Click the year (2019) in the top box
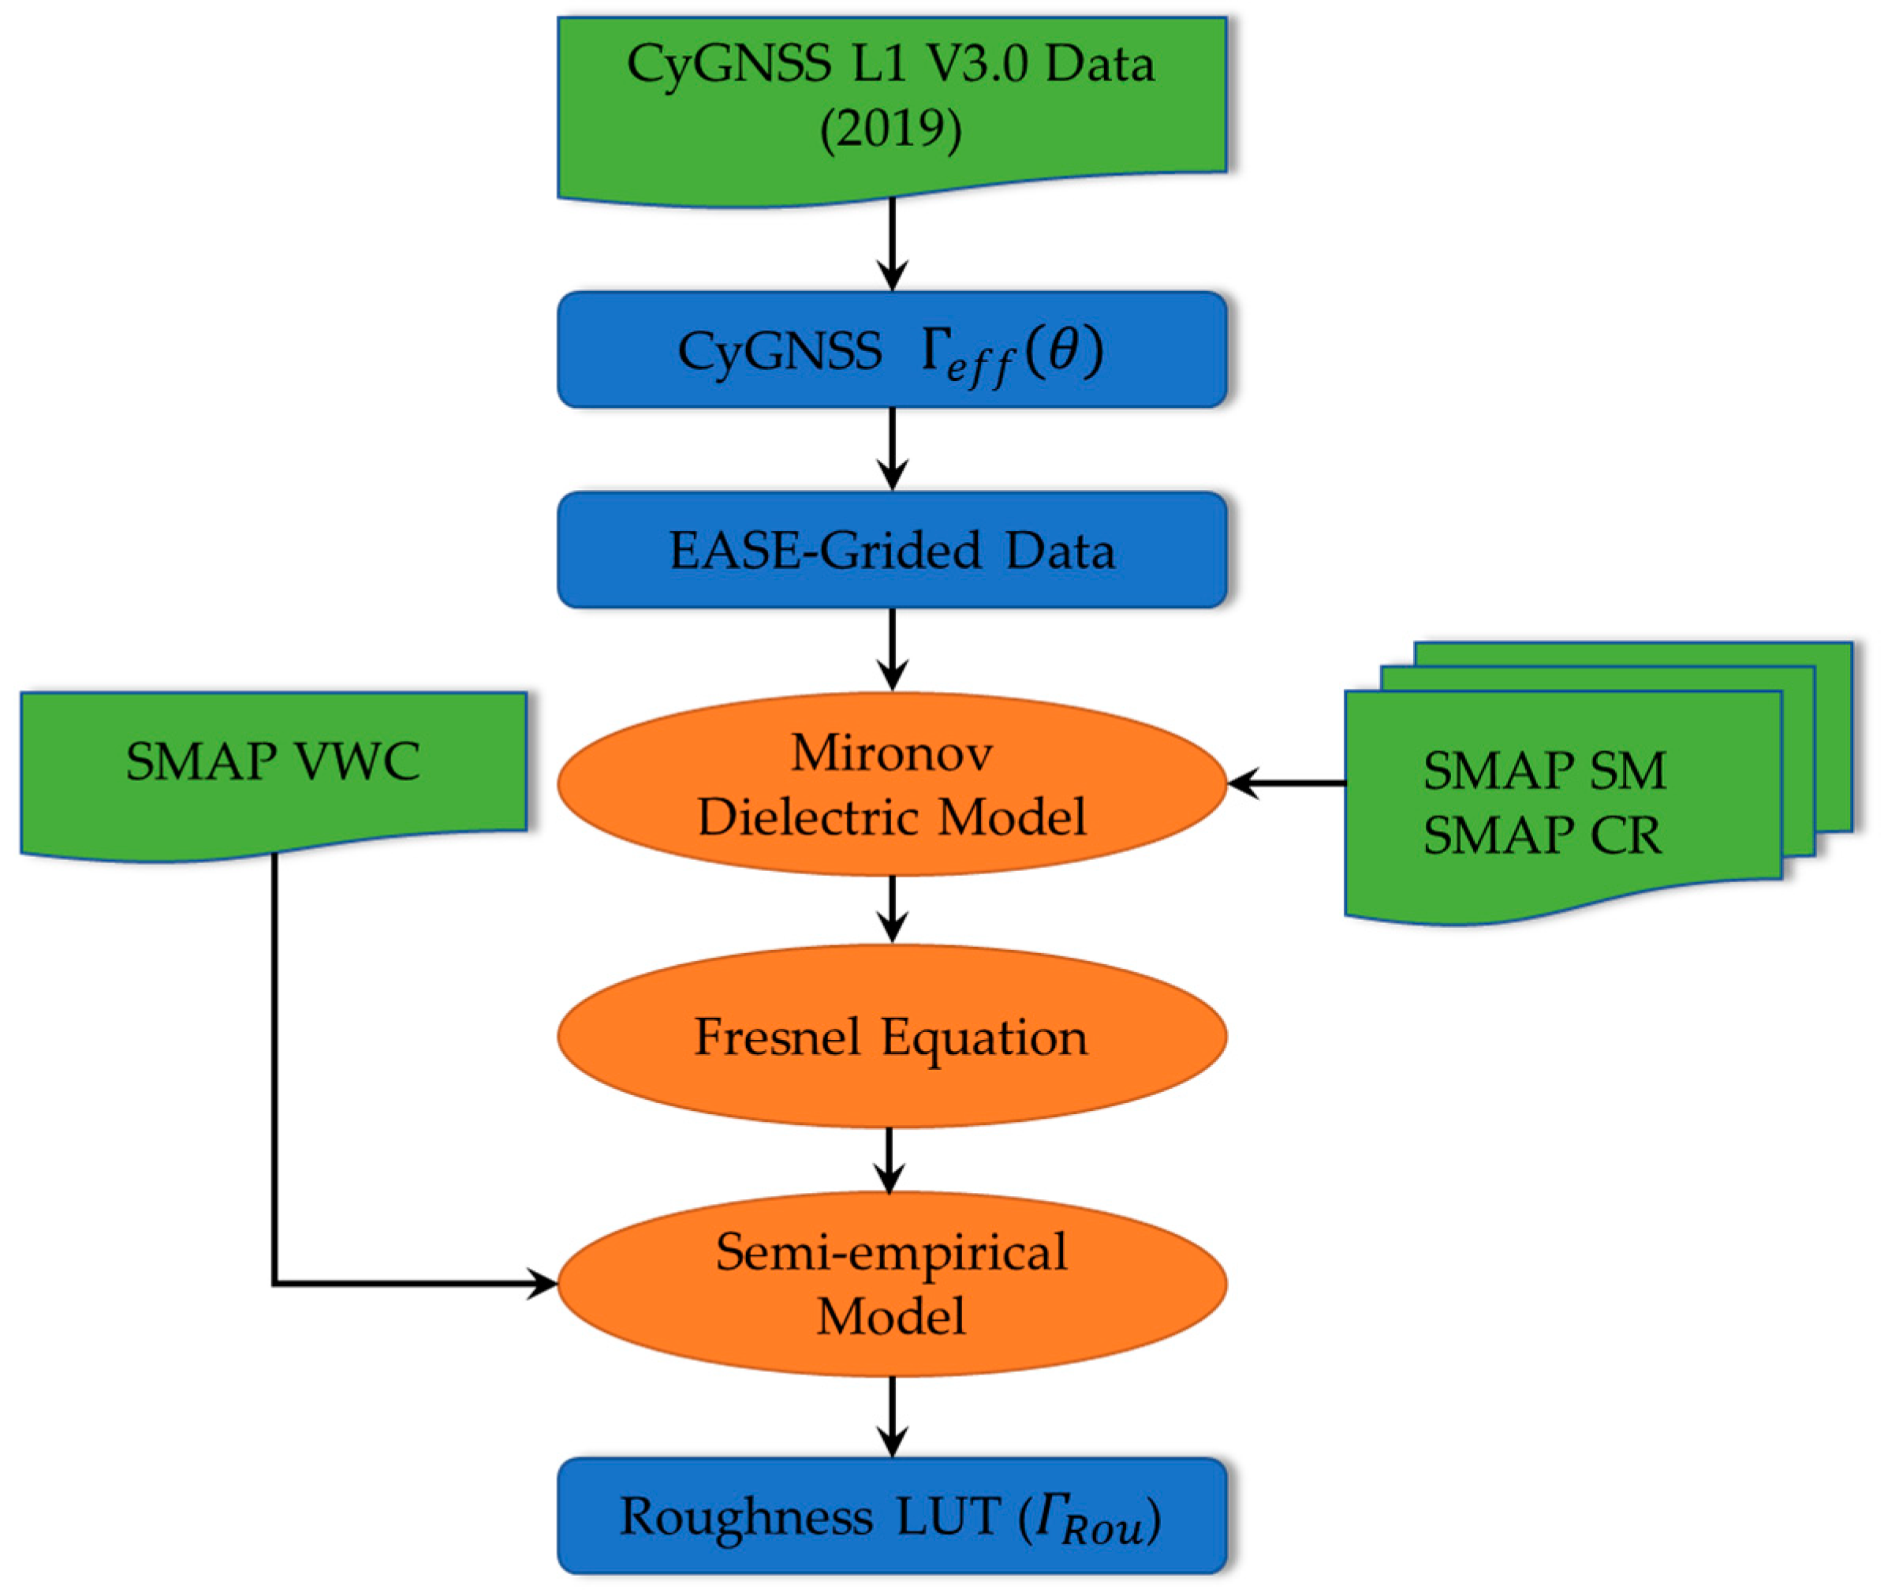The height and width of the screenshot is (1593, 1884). (x=890, y=129)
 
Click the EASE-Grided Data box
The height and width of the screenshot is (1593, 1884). (x=891, y=550)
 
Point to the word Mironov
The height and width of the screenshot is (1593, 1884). (x=891, y=752)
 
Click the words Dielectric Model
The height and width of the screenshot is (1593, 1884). (x=891, y=817)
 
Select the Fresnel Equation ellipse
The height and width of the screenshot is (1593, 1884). (x=891, y=1036)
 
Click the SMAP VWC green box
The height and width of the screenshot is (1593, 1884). (x=273, y=761)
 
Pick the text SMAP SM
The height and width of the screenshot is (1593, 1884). (x=1543, y=770)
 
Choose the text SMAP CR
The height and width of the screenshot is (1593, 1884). (x=1542, y=836)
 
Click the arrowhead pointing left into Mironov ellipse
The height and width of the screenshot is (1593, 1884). (x=1243, y=783)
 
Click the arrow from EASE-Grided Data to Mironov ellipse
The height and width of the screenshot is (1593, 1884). (x=892, y=649)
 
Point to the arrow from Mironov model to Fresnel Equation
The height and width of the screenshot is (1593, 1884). (x=892, y=907)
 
